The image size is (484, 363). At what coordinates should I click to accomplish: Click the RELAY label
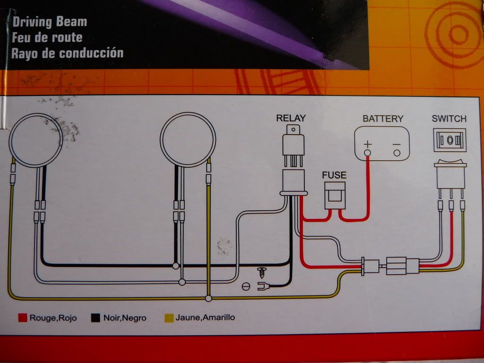click(x=291, y=118)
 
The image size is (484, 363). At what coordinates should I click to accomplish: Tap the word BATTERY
click(x=383, y=118)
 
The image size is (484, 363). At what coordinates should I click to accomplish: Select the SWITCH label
click(x=449, y=118)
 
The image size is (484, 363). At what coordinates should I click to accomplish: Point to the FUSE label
click(x=334, y=175)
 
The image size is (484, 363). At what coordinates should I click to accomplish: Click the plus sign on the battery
click(x=368, y=143)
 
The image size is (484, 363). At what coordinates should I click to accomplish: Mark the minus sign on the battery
click(x=397, y=143)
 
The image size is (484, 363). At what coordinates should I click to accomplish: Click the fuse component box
click(x=334, y=196)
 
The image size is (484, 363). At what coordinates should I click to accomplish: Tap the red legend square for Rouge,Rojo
click(x=22, y=318)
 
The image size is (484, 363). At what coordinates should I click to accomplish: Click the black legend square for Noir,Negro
click(x=95, y=318)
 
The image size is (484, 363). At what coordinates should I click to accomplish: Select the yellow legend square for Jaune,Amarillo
click(x=167, y=318)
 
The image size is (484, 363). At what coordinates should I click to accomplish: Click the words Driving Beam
click(x=50, y=22)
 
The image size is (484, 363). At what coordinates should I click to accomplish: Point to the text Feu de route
click(x=47, y=37)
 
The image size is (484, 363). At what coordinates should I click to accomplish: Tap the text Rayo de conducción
click(x=68, y=52)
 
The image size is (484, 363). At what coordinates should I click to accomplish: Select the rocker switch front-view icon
click(x=450, y=140)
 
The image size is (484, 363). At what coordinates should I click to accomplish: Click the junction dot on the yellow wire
click(x=208, y=298)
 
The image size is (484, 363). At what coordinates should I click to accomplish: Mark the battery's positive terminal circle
click(x=367, y=153)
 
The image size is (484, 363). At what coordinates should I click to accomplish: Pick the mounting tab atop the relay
click(x=294, y=129)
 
